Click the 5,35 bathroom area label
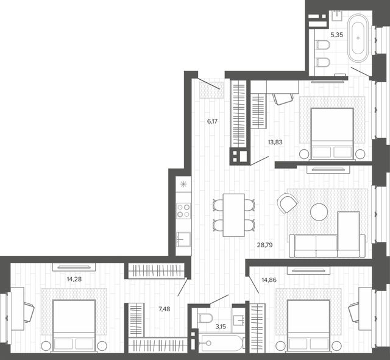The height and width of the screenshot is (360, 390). pyautogui.click(x=337, y=35)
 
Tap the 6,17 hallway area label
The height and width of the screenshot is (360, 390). pyautogui.click(x=213, y=121)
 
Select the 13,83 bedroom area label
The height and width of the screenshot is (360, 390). pyautogui.click(x=275, y=142)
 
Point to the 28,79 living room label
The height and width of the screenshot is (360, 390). pyautogui.click(x=264, y=245)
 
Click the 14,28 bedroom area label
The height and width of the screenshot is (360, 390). pyautogui.click(x=74, y=279)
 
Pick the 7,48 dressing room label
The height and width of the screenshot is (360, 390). pyautogui.click(x=165, y=309)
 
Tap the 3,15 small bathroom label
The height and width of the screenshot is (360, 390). pyautogui.click(x=221, y=326)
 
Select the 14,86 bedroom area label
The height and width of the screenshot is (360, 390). pyautogui.click(x=269, y=280)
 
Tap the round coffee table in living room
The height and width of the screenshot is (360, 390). pyautogui.click(x=319, y=212)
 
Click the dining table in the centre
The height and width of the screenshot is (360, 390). pyautogui.click(x=234, y=215)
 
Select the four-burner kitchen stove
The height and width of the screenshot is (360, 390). pyautogui.click(x=183, y=211)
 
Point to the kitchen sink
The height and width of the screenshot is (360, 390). pyautogui.click(x=183, y=239)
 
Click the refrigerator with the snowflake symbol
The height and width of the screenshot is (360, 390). pyautogui.click(x=183, y=184)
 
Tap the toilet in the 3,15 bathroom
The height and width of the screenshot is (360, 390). pyautogui.click(x=205, y=318)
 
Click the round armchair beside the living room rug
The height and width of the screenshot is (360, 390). pyautogui.click(x=287, y=203)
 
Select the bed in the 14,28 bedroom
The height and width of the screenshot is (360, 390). pyautogui.click(x=74, y=325)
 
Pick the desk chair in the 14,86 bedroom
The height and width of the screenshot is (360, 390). pyautogui.click(x=353, y=312)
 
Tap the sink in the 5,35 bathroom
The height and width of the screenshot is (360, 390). pyautogui.click(x=337, y=15)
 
